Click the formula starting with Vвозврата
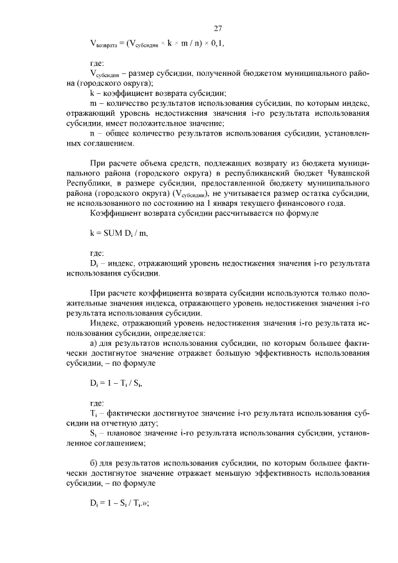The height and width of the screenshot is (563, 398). click(x=157, y=44)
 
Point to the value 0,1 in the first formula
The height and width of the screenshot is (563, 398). click(x=216, y=44)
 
